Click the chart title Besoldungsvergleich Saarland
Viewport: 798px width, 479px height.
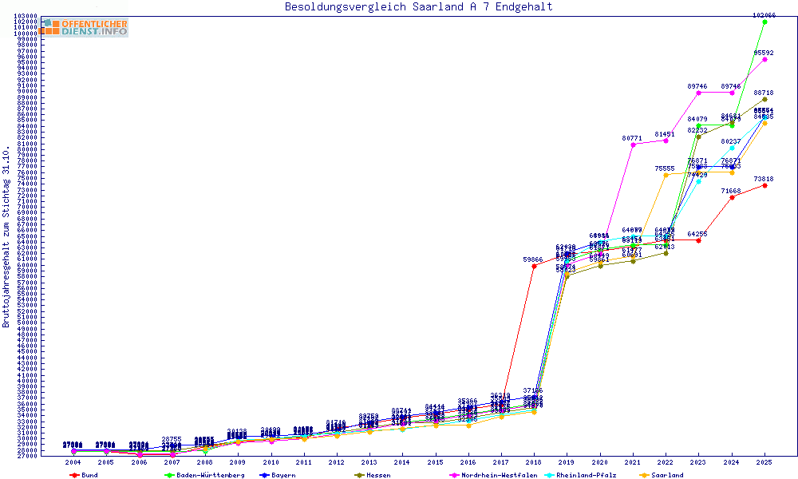[418, 7]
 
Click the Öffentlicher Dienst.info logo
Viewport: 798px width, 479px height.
[83, 28]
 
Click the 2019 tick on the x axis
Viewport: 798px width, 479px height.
[566, 462]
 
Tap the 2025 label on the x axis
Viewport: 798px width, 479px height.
[764, 462]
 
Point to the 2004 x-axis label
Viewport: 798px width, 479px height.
[73, 462]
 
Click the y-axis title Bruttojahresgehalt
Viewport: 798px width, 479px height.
[7, 236]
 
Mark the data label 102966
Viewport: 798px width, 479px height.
[764, 15]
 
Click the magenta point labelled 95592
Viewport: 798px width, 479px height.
[764, 59]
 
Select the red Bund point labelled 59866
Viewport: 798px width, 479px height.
[533, 266]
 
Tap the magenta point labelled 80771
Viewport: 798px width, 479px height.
[633, 144]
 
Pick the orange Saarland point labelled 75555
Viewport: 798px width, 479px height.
[666, 175]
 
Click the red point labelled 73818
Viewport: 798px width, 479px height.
[764, 185]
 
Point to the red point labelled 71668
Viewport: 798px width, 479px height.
[732, 197]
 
